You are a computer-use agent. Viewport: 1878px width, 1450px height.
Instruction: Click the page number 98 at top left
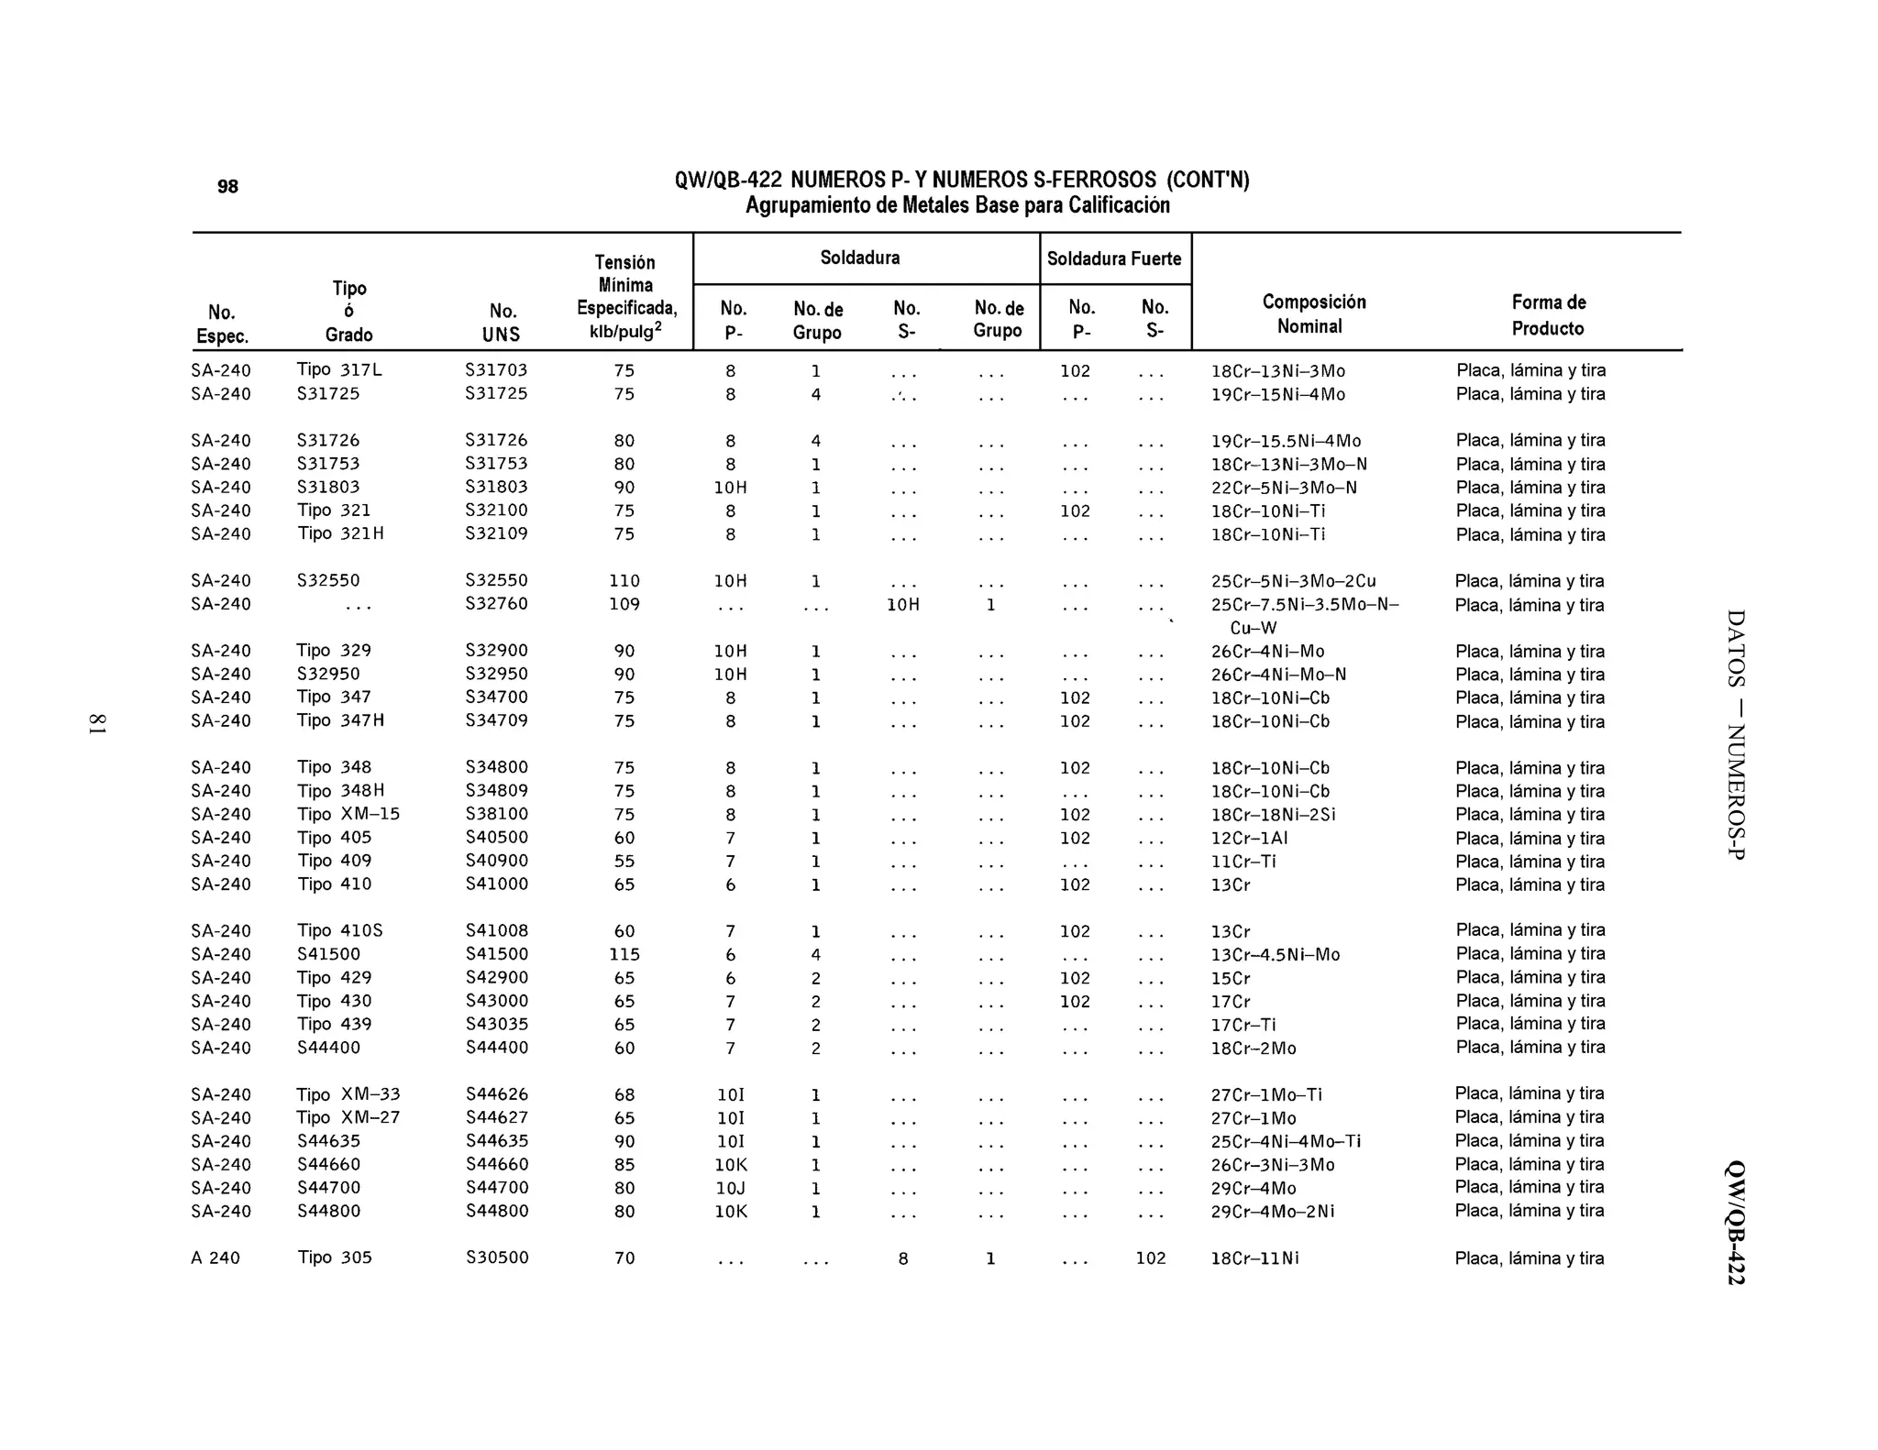pos(227,187)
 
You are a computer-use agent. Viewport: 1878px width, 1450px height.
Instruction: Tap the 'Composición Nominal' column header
pos(1313,314)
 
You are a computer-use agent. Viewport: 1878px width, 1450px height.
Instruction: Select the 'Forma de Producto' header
pos(1548,315)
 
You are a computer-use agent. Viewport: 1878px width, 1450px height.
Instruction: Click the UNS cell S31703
pos(496,370)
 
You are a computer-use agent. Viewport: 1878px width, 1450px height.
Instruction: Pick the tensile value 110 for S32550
pos(624,581)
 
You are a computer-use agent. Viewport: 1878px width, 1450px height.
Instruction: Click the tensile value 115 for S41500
pos(624,954)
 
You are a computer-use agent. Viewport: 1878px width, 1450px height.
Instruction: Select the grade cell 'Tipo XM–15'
pos(348,814)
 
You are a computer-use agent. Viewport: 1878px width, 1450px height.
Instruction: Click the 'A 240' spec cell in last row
pos(215,1258)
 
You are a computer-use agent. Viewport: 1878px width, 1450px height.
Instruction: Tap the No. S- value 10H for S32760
pos(903,605)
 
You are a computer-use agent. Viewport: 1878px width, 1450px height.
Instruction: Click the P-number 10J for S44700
pos(730,1188)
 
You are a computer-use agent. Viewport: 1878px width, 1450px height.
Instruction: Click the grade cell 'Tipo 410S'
pos(340,931)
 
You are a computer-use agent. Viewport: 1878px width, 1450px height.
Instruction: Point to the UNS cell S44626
pos(496,1094)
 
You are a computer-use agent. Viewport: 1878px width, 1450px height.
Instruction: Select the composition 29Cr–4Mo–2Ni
pos(1273,1212)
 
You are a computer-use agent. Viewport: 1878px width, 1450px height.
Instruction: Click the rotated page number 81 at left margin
pos(97,723)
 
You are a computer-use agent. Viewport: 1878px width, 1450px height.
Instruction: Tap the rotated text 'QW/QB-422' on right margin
pos(1735,1223)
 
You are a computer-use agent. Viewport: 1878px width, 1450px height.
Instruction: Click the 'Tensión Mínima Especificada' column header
pos(625,297)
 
